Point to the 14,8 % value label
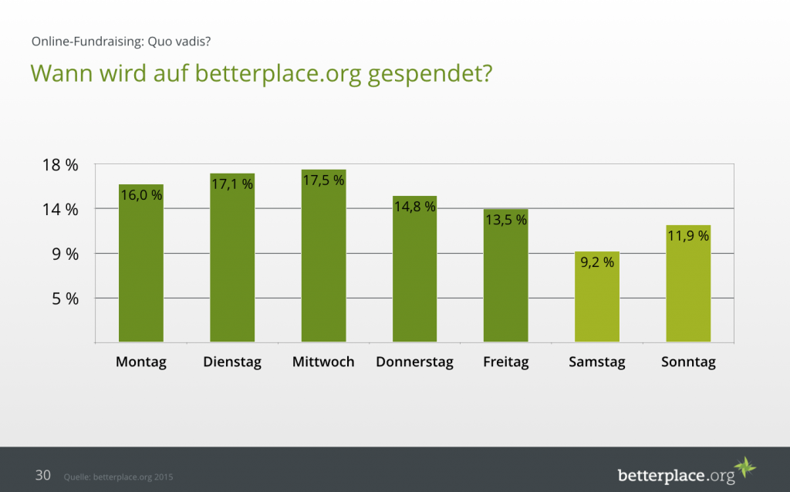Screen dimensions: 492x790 [x=414, y=207]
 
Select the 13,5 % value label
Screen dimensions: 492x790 [x=506, y=220]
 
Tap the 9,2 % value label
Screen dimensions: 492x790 [x=597, y=262]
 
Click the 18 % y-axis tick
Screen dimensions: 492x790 [x=60, y=165]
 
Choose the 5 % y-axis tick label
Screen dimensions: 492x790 [x=65, y=298]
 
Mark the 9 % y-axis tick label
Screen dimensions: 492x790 [x=65, y=254]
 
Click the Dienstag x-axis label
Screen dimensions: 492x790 [x=232, y=362]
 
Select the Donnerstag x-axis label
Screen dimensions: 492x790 [x=414, y=362]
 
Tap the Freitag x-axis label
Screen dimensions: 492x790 [x=506, y=362]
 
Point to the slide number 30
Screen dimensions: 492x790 [x=43, y=475]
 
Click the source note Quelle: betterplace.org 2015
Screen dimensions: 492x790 [x=118, y=477]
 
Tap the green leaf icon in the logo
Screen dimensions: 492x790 [x=744, y=467]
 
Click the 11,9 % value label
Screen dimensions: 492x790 [x=688, y=236]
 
